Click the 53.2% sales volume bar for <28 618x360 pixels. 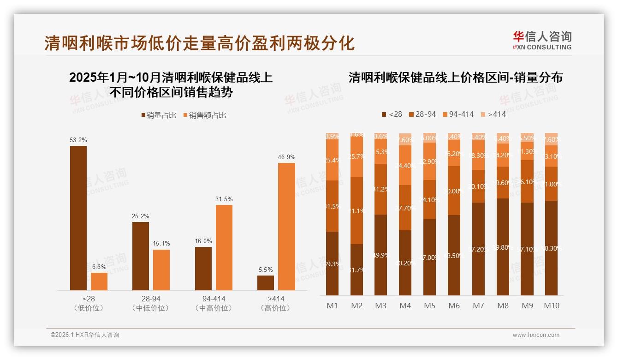78,218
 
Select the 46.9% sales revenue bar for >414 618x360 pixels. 286,226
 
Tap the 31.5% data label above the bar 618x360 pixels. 224,199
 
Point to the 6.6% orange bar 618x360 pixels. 99,281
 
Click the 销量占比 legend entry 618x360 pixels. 158,115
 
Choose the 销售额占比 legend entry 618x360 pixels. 205,115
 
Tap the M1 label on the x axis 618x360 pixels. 332,306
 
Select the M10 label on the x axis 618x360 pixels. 551,306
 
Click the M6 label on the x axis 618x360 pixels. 454,306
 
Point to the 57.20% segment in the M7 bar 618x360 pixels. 478,249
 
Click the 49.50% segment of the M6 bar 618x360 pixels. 454,255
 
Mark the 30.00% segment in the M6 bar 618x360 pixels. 454,191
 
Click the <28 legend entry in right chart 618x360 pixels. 392,114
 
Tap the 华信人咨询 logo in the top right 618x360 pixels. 542,40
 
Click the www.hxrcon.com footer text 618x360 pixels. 536,335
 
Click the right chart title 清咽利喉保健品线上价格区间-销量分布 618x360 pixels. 455,77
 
